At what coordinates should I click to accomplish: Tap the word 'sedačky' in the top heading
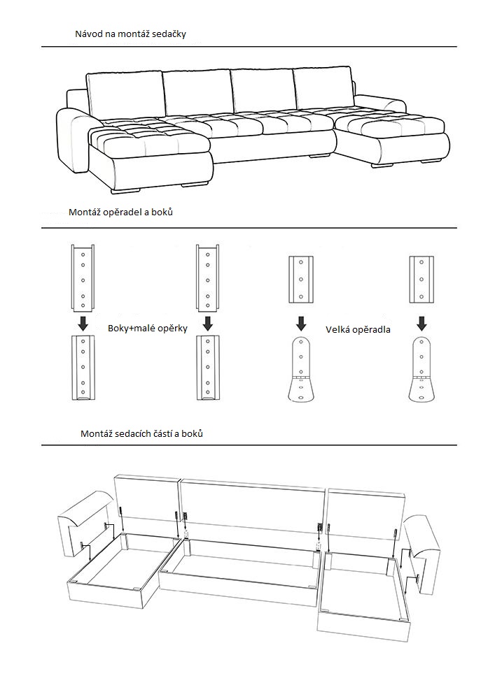tap(169, 34)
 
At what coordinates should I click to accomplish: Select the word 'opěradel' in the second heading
tap(123, 212)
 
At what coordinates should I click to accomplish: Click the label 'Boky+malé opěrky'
tap(148, 328)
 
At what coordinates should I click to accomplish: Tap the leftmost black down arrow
tap(83, 323)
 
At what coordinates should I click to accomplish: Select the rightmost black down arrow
tap(421, 323)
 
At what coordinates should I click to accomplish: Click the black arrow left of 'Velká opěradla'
tap(301, 323)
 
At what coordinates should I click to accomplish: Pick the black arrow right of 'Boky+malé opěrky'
tap(207, 323)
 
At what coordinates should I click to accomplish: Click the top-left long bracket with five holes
tap(83, 278)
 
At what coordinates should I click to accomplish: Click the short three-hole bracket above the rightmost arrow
tap(421, 280)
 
